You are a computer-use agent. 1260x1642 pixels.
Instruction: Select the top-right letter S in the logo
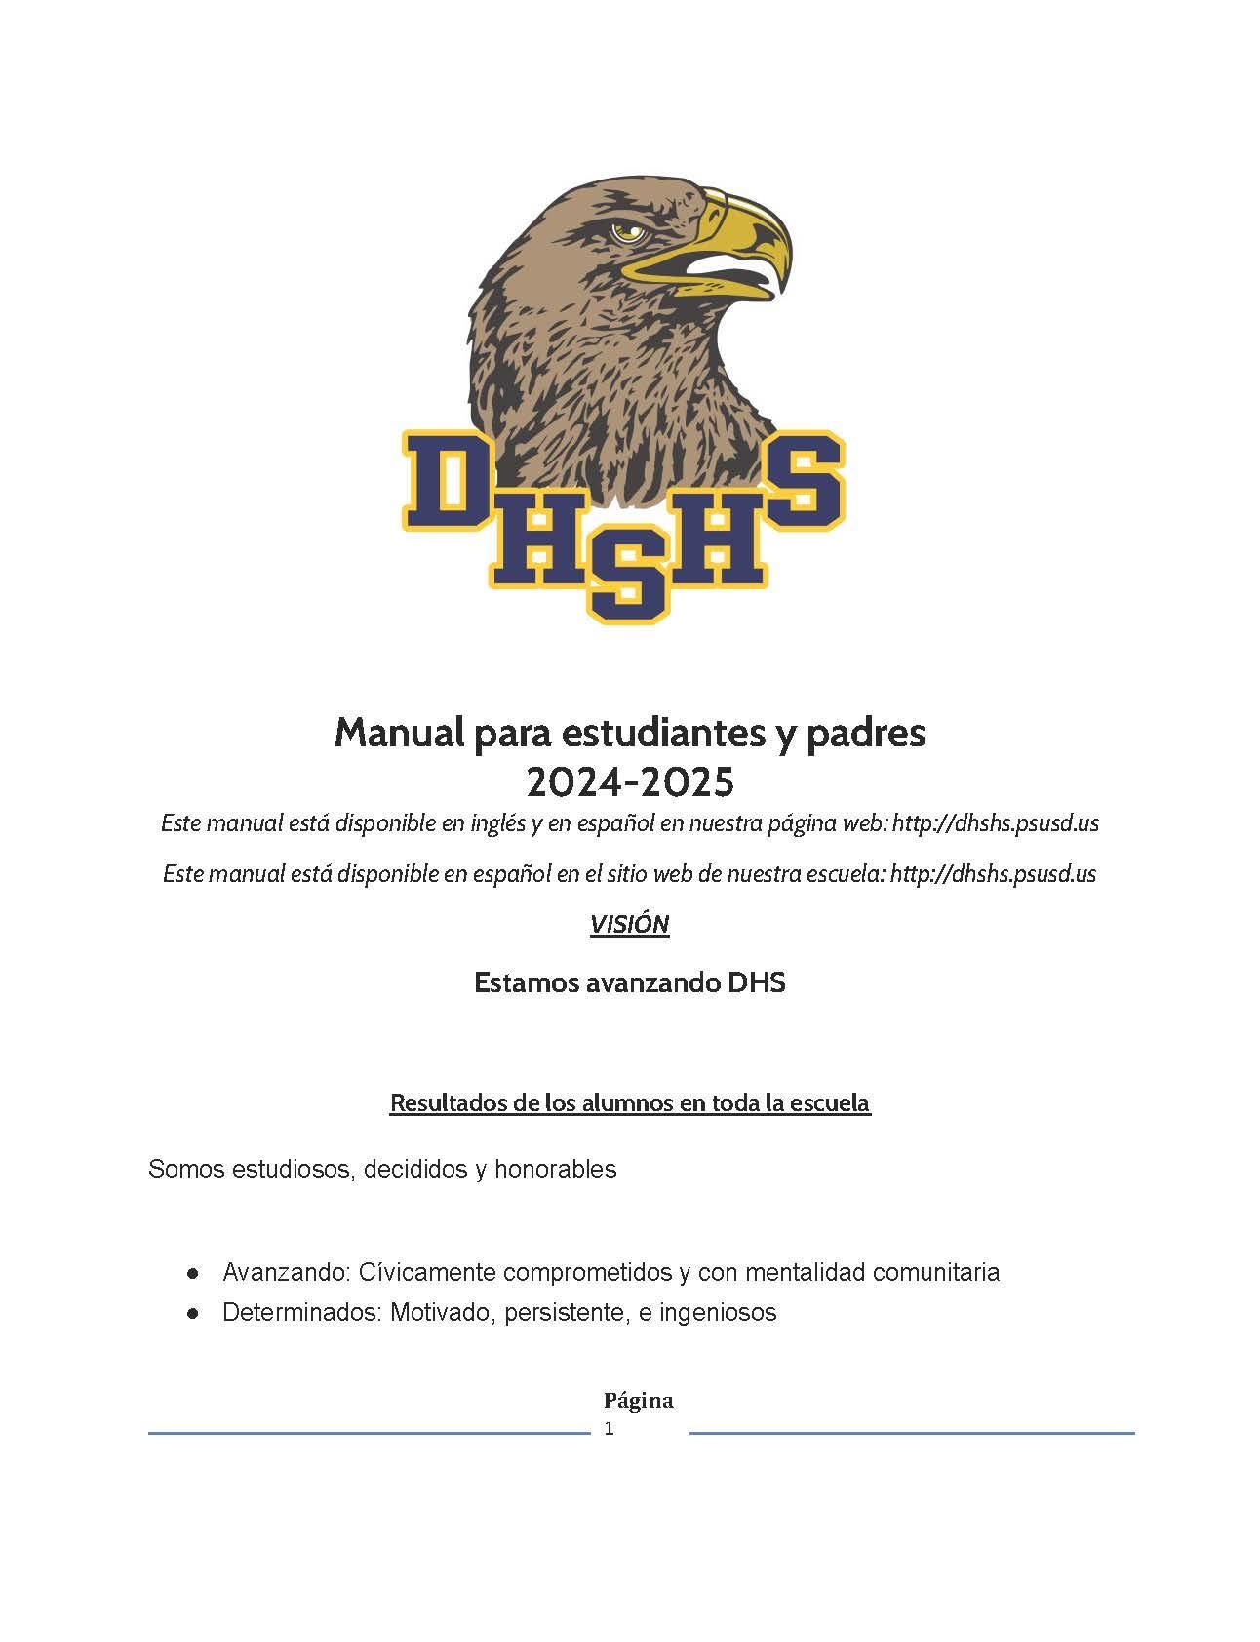[804, 483]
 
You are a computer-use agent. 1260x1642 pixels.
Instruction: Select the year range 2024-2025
[629, 781]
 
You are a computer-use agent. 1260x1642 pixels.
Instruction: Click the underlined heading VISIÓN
[629, 924]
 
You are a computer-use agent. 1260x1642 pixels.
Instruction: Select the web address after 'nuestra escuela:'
[994, 873]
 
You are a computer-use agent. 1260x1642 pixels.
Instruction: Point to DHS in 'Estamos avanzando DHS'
[757, 982]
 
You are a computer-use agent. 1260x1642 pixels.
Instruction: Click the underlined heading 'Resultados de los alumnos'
[629, 1103]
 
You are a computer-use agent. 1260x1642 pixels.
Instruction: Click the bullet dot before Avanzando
[194, 1273]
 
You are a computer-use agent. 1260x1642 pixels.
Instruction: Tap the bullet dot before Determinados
[194, 1313]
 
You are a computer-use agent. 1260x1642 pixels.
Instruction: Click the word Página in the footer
[638, 1401]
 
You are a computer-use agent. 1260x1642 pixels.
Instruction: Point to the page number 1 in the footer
[610, 1429]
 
